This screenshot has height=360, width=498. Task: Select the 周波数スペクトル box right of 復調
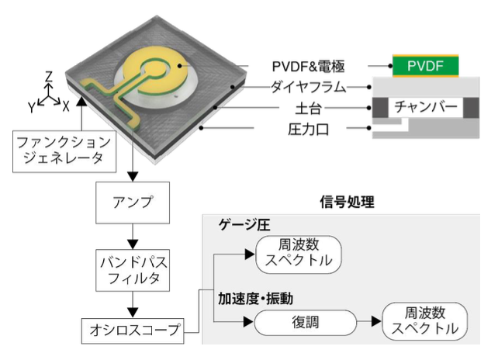click(424, 320)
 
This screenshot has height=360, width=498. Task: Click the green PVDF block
click(424, 67)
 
